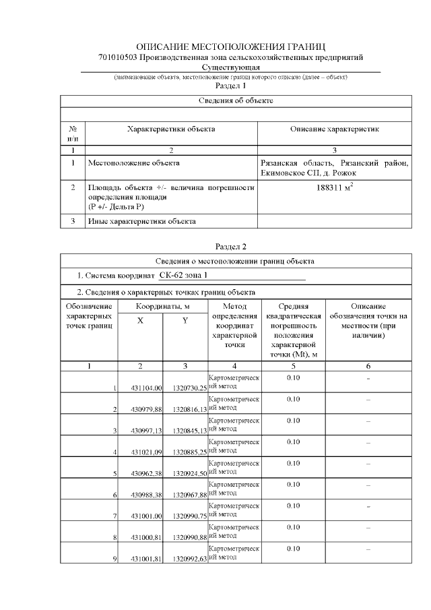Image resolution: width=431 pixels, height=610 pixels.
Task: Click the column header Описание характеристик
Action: click(335, 128)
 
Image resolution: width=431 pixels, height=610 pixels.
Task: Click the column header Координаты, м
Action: click(162, 307)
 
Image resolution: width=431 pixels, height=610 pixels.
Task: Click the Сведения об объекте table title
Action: click(236, 100)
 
